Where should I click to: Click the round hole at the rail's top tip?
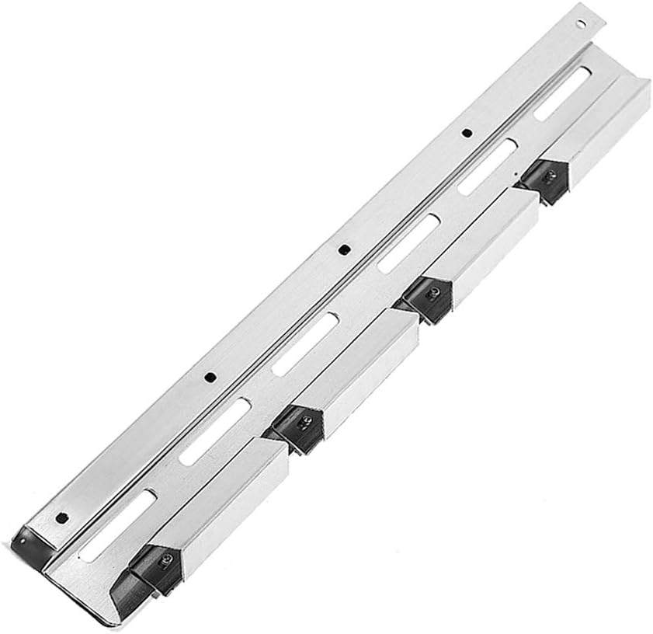tap(578, 23)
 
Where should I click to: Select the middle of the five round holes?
tap(342, 250)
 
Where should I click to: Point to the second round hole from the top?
tap(465, 133)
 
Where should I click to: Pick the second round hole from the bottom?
tap(209, 378)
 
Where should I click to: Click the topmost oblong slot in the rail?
tap(562, 93)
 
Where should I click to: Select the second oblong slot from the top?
tap(487, 165)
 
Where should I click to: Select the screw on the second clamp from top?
tap(435, 293)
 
